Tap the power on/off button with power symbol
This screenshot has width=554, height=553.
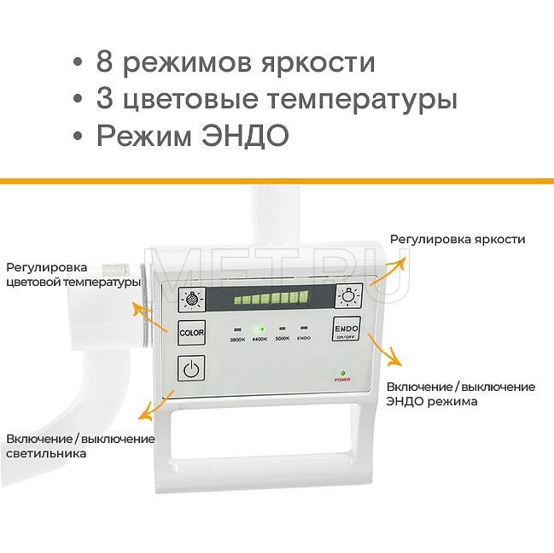point(191,369)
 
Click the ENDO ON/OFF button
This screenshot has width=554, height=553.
point(346,330)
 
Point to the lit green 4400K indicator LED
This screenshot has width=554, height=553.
point(260,329)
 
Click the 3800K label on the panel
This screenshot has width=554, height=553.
point(237,339)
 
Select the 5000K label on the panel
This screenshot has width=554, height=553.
point(282,339)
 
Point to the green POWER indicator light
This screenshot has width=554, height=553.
point(342,372)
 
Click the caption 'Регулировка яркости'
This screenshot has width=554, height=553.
point(457,240)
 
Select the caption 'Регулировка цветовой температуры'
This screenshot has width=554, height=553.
point(73,275)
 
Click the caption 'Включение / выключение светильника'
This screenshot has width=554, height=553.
point(79,446)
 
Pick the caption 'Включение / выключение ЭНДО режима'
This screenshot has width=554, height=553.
point(461,393)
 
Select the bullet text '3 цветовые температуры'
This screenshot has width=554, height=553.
point(276,99)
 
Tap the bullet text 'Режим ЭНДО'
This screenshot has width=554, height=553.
point(192,136)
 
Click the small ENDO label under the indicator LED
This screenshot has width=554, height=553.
point(304,339)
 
